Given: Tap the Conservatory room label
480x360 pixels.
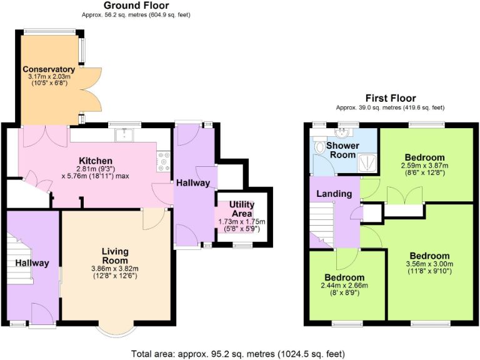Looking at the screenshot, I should click(x=49, y=69).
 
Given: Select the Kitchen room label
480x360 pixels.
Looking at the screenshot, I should click(x=96, y=161).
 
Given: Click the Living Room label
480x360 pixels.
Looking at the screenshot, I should click(x=115, y=256).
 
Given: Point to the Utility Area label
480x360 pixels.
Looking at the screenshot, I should click(x=241, y=209).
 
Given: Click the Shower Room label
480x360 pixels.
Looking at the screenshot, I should click(x=342, y=150).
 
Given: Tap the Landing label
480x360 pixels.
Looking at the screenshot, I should click(x=334, y=194).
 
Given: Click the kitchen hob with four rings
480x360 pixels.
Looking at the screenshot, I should click(x=165, y=161).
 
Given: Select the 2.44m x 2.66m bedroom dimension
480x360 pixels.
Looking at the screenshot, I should click(x=344, y=286).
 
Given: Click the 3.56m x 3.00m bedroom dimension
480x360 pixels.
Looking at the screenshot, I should click(x=429, y=264).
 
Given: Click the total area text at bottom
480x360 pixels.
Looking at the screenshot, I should click(x=239, y=353).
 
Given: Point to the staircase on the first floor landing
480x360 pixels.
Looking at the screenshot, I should click(x=322, y=222).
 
